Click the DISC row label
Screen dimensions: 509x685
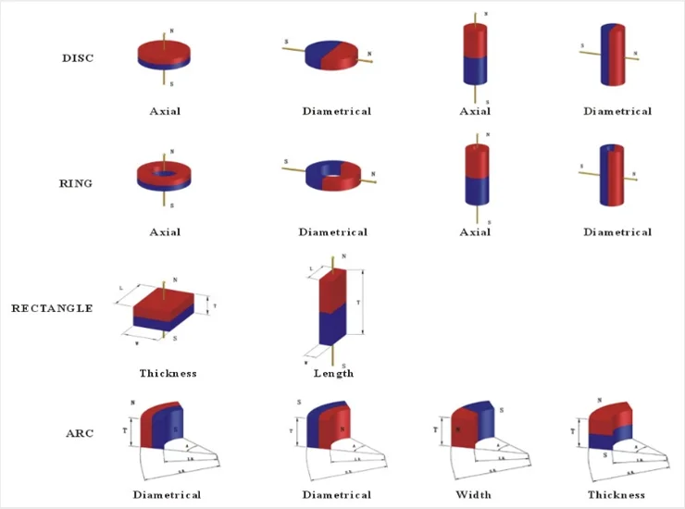tap(78, 57)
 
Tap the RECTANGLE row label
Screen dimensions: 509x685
tap(52, 308)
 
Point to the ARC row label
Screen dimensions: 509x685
tap(79, 433)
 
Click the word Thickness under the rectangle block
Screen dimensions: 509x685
tap(168, 374)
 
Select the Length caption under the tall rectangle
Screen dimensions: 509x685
tap(333, 374)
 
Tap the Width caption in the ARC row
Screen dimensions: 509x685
tap(473, 495)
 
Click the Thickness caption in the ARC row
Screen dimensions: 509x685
tap(616, 495)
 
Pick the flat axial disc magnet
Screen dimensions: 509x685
tap(165, 56)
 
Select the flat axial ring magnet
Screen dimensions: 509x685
tap(165, 176)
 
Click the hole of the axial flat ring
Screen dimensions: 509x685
tap(165, 171)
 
